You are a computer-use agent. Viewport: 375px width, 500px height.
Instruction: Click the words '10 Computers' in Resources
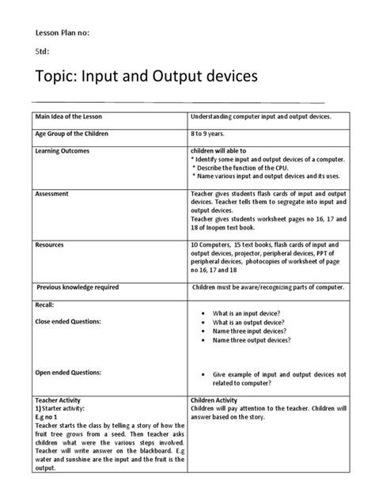point(211,245)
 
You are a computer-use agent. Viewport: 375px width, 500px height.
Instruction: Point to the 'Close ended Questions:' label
point(72,322)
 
